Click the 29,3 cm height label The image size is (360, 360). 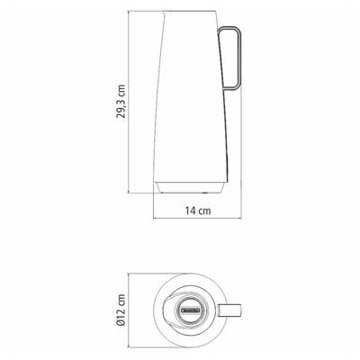point(121,102)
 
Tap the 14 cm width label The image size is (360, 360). point(198,211)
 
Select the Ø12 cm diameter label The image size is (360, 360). point(121,310)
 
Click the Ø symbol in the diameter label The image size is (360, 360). point(121,323)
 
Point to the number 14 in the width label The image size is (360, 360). point(190,211)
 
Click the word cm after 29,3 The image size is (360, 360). point(121,90)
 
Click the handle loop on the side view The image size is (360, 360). point(240,58)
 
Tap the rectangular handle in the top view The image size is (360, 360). point(230,310)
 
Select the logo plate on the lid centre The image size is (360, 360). point(189,310)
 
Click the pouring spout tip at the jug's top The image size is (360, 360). point(164,12)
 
